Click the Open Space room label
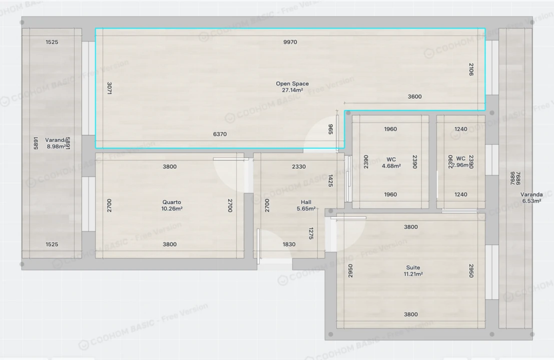[292, 84]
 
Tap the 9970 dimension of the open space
[290, 42]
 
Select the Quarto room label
[172, 202]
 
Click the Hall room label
[306, 202]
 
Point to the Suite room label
[413, 267]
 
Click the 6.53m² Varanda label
[531, 195]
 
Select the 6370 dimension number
[220, 134]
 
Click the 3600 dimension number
[414, 97]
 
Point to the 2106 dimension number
[471, 69]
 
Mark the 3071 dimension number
[109, 88]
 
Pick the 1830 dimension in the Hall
[289, 244]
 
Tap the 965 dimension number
[330, 129]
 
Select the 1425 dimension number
[330, 181]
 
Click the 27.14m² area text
[292, 90]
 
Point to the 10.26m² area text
[172, 209]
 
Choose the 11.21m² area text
[413, 274]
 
